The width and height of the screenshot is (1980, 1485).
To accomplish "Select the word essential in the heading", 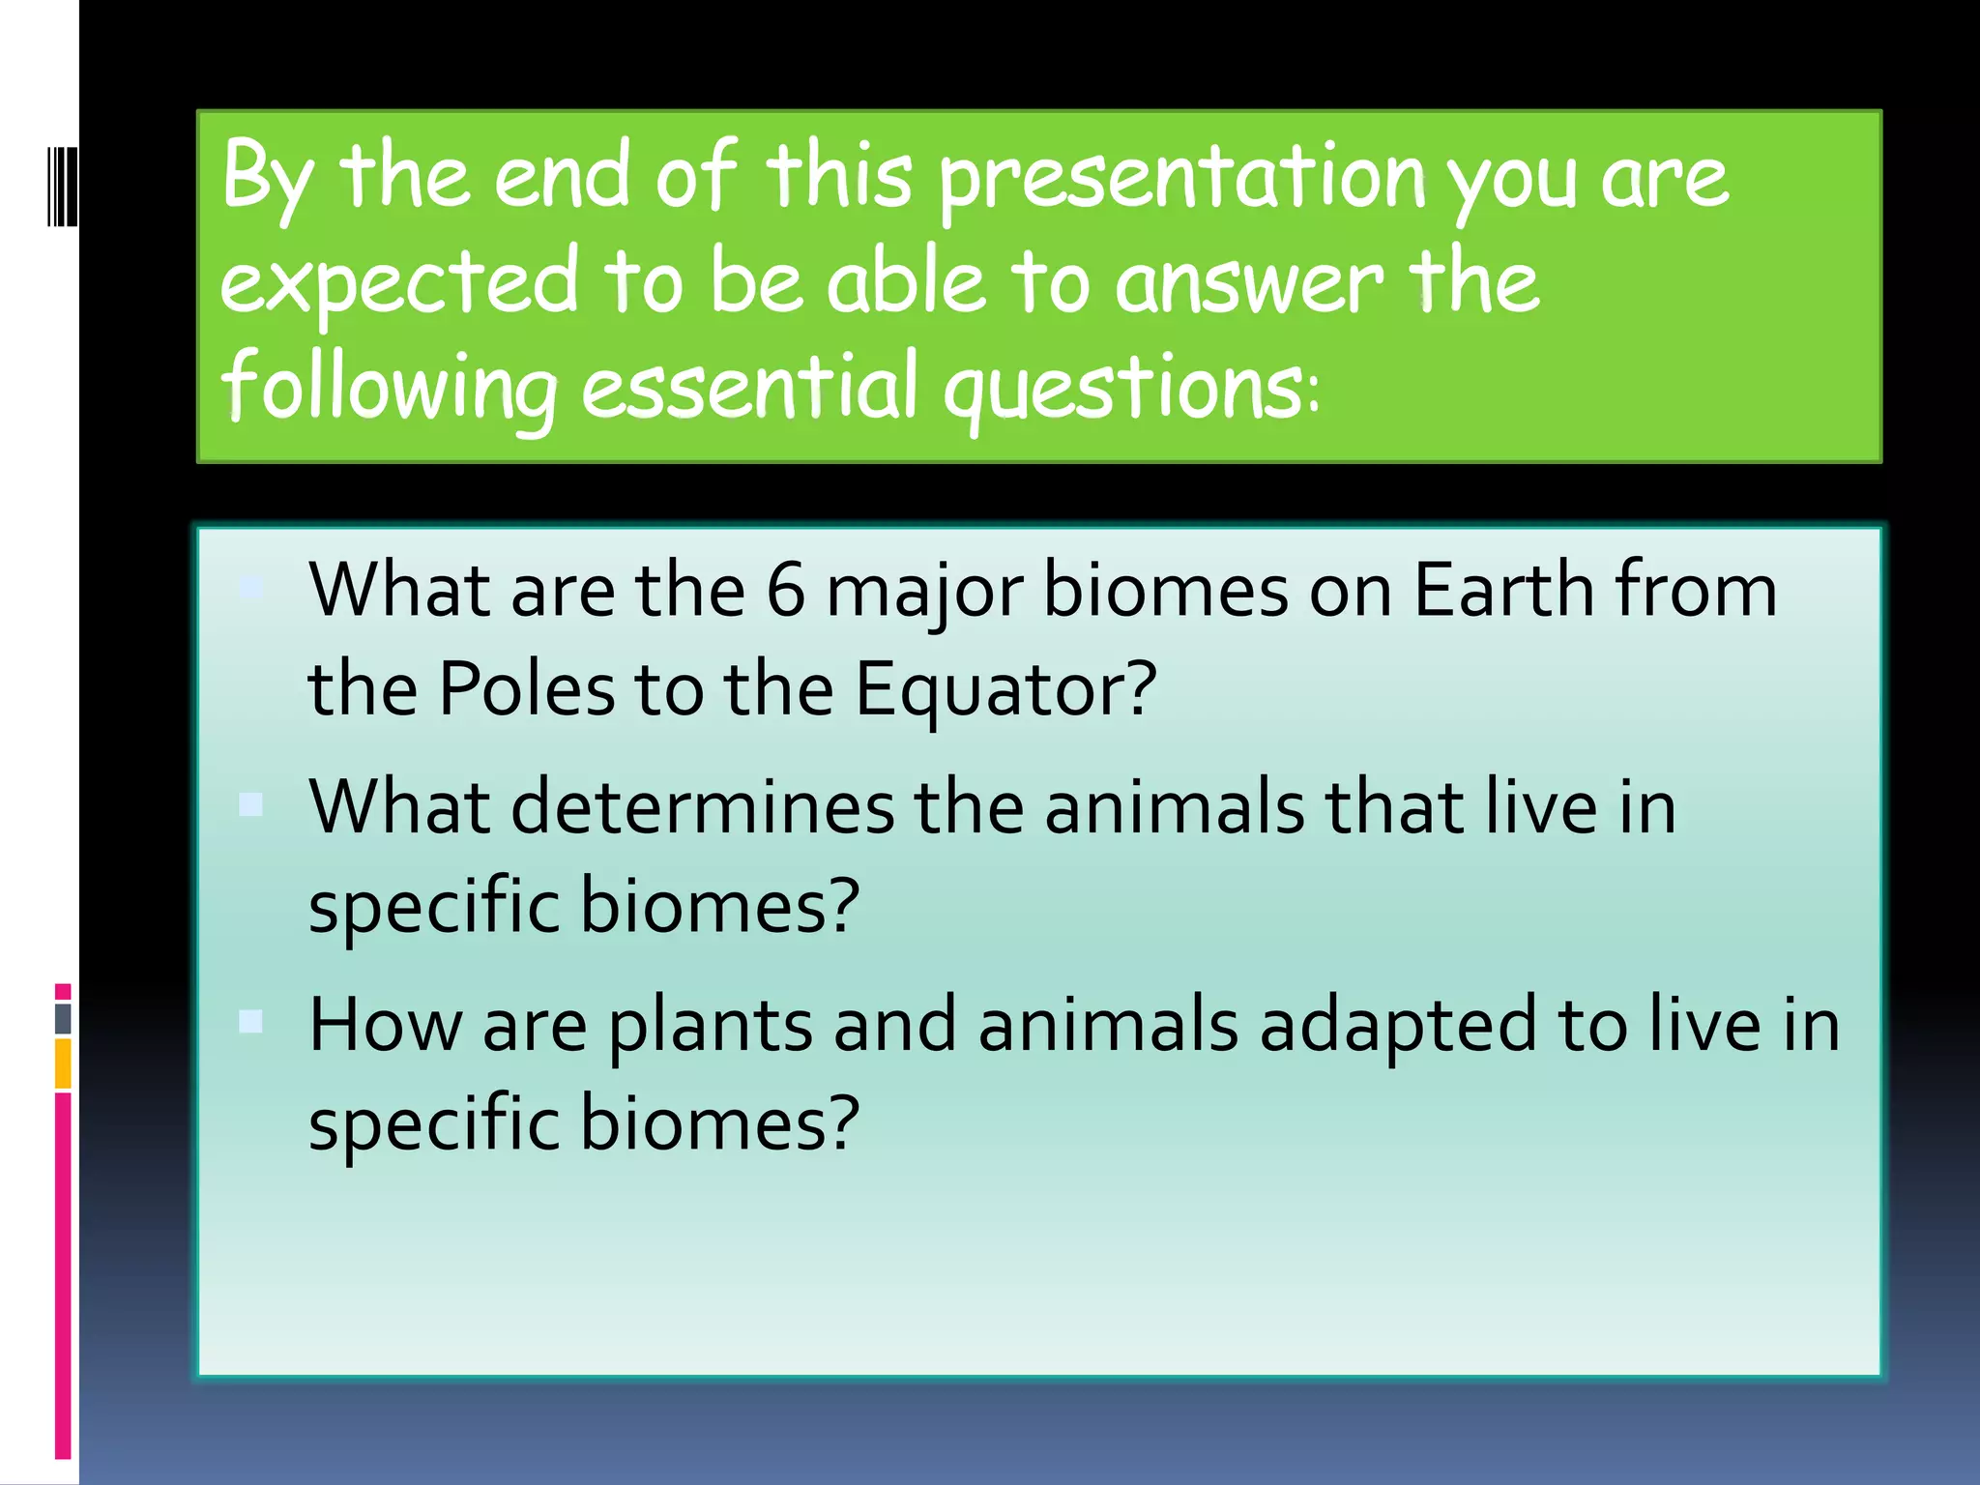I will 749,387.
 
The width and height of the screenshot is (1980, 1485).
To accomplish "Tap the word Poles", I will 527,689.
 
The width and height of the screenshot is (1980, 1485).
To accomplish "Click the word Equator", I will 1005,691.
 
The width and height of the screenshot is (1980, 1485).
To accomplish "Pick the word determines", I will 702,807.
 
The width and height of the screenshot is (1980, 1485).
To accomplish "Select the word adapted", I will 1397,1025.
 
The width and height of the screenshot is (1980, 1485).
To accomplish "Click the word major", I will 923,592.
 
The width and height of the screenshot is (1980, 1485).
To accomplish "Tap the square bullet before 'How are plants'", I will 251,1022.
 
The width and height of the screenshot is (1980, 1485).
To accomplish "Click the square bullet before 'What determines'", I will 251,804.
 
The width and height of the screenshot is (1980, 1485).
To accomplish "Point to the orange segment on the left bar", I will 63,1063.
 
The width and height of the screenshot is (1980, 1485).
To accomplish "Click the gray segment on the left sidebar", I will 63,1018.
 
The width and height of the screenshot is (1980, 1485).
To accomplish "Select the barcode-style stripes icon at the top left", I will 63,185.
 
